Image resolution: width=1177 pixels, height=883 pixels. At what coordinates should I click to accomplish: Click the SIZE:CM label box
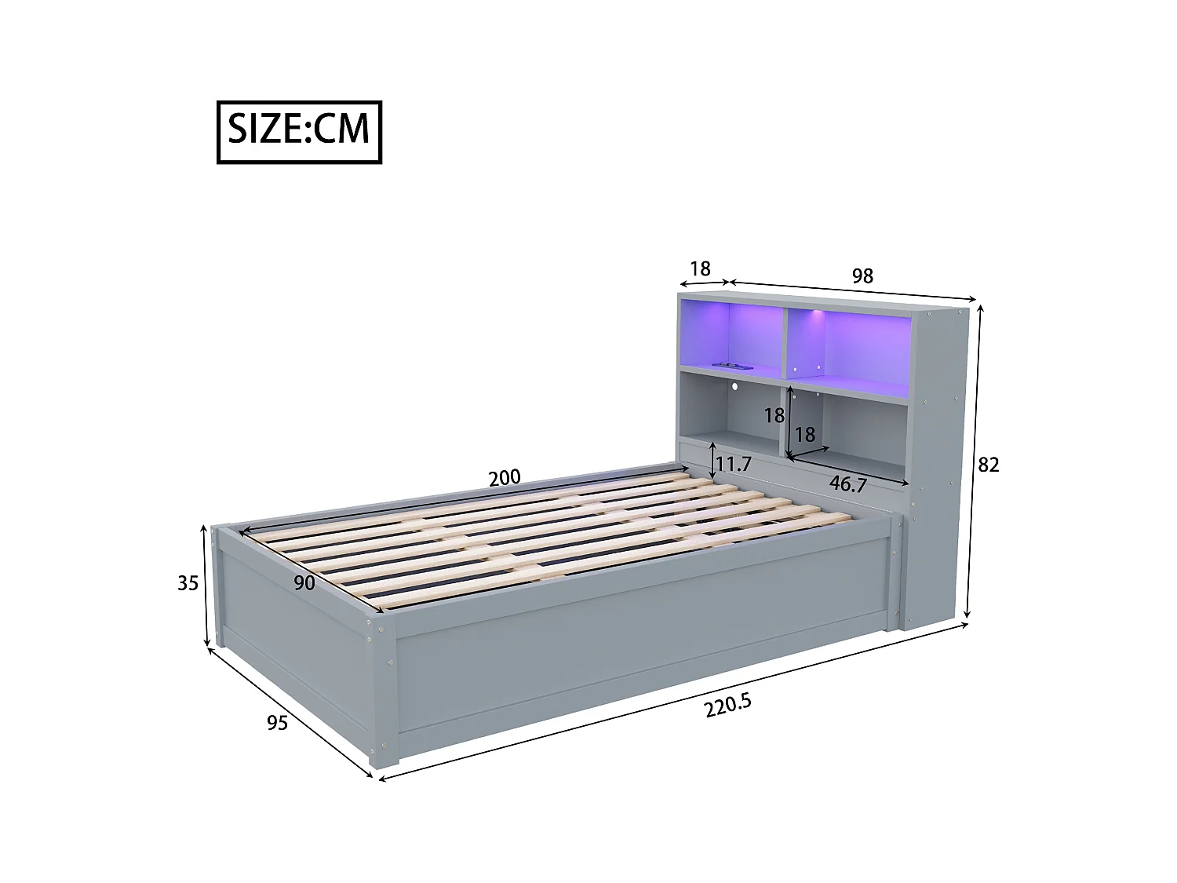click(299, 132)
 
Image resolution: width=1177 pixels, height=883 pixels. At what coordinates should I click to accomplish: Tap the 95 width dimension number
click(277, 722)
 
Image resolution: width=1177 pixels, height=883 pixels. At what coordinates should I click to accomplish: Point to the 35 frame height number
click(188, 583)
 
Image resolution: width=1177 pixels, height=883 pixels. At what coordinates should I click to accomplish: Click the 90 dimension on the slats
click(304, 582)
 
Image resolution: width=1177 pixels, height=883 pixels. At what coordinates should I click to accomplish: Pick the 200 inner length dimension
click(504, 477)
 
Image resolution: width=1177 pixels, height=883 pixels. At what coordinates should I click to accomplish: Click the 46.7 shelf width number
click(847, 484)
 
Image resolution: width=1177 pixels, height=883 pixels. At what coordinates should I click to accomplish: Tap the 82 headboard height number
click(988, 465)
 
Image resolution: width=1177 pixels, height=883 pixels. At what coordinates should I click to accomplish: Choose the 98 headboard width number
click(862, 275)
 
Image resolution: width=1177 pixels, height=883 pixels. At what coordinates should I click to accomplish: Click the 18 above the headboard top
click(699, 268)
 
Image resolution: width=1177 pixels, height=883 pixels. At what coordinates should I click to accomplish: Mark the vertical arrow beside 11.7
click(712, 461)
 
